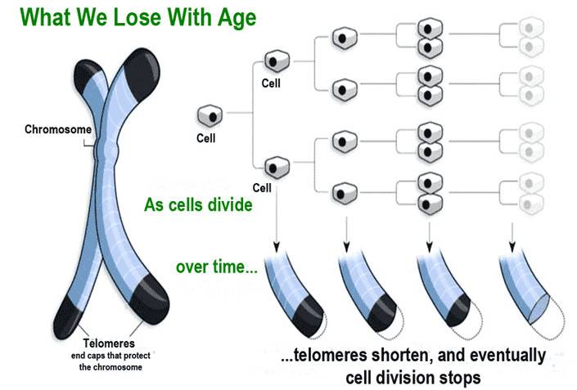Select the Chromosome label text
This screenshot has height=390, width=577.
57,129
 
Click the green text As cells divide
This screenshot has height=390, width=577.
198,204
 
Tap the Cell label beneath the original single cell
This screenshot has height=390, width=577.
206,138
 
